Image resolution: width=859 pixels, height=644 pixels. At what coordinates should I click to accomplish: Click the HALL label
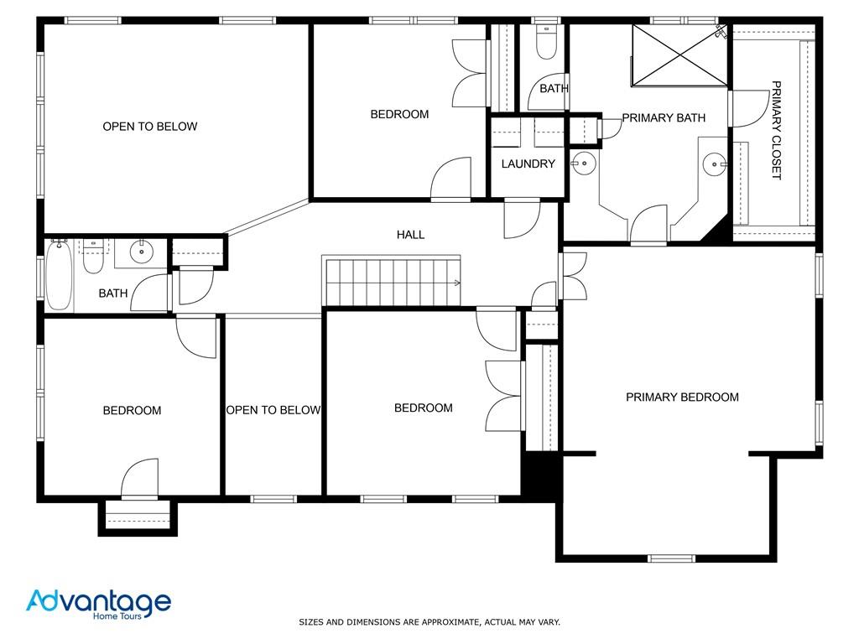pyautogui.click(x=411, y=235)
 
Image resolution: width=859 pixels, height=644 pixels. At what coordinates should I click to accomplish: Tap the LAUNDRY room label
pyautogui.click(x=528, y=164)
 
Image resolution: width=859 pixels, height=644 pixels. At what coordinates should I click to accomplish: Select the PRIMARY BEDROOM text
pyautogui.click(x=682, y=397)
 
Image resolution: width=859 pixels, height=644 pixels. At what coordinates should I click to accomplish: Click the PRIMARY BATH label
pyautogui.click(x=664, y=118)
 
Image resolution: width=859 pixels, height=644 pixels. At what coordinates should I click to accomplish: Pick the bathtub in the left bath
pyautogui.click(x=58, y=275)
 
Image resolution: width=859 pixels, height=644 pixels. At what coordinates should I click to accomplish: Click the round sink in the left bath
pyautogui.click(x=141, y=249)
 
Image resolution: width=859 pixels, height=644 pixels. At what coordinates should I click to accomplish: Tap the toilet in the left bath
pyautogui.click(x=93, y=259)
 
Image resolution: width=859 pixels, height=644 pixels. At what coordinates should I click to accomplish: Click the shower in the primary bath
pyautogui.click(x=679, y=55)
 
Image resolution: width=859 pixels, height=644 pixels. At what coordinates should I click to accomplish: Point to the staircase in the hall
pyautogui.click(x=392, y=281)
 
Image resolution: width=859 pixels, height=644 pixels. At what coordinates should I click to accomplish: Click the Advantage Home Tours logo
pyautogui.click(x=98, y=604)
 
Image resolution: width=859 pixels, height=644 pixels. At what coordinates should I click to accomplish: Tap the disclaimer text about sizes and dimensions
pyautogui.click(x=429, y=622)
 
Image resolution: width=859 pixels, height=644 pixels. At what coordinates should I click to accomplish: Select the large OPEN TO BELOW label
pyautogui.click(x=150, y=127)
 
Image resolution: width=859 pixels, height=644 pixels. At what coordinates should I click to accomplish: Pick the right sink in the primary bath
pyautogui.click(x=714, y=164)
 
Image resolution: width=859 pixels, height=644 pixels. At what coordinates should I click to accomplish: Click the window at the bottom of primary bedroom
pyautogui.click(x=671, y=558)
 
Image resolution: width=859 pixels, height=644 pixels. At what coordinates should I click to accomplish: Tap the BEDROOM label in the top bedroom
pyautogui.click(x=399, y=114)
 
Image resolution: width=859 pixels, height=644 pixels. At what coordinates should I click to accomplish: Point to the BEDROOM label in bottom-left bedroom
pyautogui.click(x=132, y=411)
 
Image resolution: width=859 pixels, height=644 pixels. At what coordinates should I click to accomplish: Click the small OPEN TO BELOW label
pyautogui.click(x=273, y=410)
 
